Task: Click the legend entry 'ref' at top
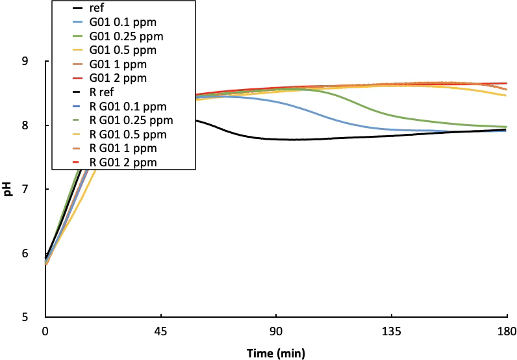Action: [x=114, y=8]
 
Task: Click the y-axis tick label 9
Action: [x=25, y=62]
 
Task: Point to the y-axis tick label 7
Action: [x=25, y=190]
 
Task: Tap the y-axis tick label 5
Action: [x=25, y=318]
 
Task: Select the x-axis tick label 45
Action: [x=161, y=332]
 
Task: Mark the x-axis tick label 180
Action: [x=507, y=332]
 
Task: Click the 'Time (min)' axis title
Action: [x=275, y=353]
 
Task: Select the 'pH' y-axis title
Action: [x=8, y=189]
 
